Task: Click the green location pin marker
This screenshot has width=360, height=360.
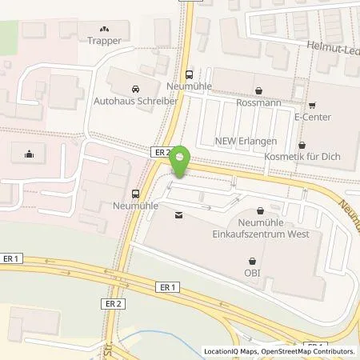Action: (x=180, y=162)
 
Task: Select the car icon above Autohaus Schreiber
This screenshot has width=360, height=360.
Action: (x=133, y=90)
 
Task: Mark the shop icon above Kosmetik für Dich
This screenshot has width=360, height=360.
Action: (x=302, y=146)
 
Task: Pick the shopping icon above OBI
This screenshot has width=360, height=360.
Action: (x=253, y=260)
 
